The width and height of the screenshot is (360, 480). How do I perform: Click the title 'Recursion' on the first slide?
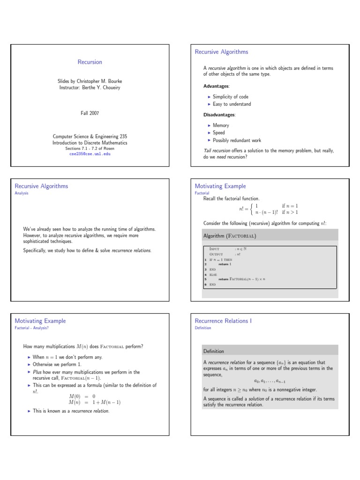[90, 62]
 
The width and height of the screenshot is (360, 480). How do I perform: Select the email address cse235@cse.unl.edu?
[90, 153]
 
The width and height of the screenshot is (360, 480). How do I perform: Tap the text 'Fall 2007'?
[90, 113]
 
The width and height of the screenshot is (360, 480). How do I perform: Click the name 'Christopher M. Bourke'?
[100, 81]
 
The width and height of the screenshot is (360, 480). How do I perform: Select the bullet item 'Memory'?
[221, 126]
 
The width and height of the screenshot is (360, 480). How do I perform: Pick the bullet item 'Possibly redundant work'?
[237, 140]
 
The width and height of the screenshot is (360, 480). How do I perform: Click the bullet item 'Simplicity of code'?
[231, 97]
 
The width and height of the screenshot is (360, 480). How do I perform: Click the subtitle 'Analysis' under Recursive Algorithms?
[22, 193]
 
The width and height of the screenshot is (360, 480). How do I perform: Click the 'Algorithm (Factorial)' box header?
[230, 235]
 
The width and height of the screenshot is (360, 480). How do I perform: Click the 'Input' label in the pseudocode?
[214, 248]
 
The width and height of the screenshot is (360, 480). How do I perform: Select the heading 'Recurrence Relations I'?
[223, 321]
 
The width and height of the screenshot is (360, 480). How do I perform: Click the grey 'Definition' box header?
[213, 351]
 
